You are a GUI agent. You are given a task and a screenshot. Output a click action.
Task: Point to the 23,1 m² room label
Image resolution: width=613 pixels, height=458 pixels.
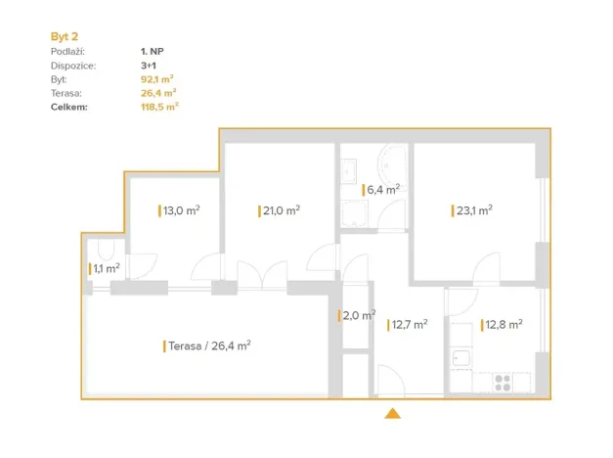472,209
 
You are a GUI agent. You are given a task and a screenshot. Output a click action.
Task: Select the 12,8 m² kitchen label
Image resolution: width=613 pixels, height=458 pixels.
503,325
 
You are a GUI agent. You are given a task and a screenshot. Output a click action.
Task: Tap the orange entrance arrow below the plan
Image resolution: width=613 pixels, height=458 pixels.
393,414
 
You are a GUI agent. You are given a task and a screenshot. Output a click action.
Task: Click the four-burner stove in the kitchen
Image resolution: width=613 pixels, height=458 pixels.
505,382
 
